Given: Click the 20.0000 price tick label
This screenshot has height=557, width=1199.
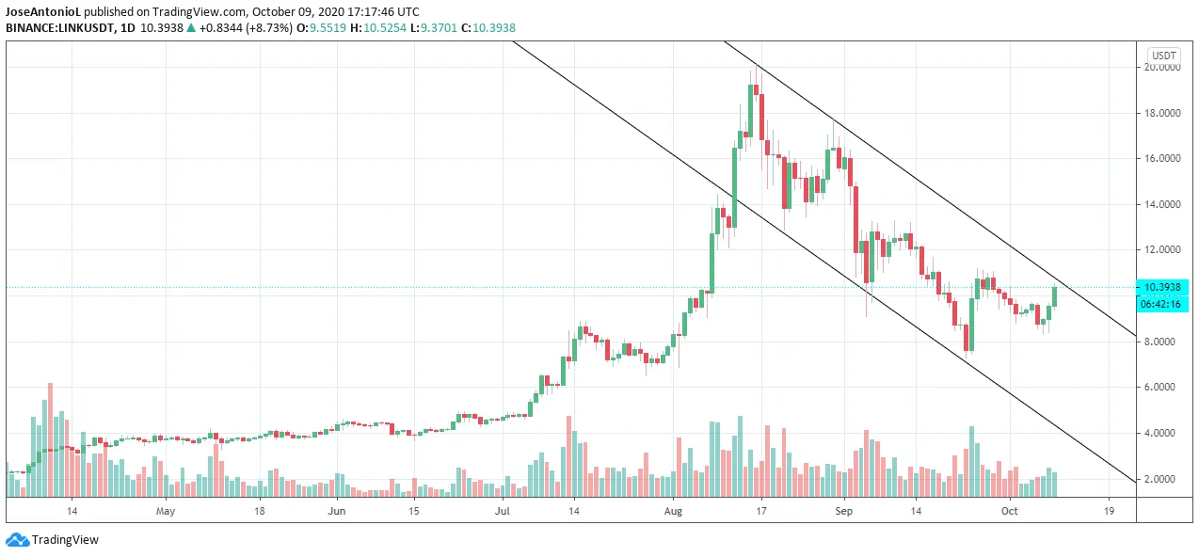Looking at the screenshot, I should click(x=1162, y=68).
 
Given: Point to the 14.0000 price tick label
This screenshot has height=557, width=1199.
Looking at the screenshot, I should click(x=1162, y=204).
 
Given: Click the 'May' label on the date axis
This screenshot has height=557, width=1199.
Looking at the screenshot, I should click(x=166, y=512).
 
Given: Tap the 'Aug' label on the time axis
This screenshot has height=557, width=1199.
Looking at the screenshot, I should click(x=673, y=512).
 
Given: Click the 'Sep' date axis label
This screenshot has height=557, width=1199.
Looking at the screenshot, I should click(x=843, y=512).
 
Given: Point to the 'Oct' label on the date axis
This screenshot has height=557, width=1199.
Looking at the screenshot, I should click(x=1010, y=512).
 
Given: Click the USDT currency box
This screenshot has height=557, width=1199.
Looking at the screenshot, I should click(x=1165, y=56).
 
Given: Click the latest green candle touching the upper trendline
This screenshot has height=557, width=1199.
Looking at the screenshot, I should click(x=1055, y=295).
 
